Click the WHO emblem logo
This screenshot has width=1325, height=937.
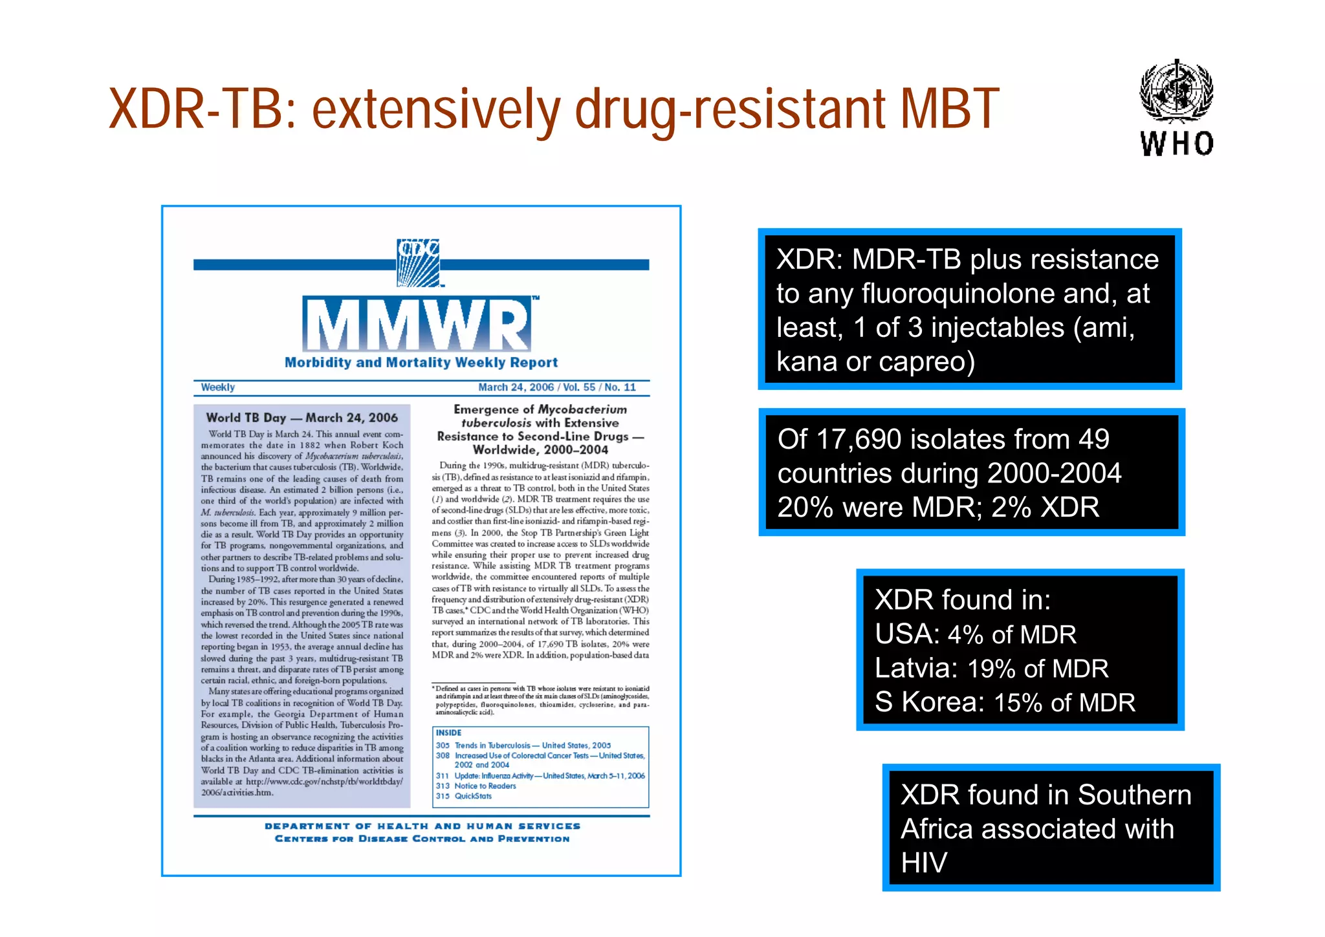coord(1176,90)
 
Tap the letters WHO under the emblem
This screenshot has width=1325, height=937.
coord(1177,144)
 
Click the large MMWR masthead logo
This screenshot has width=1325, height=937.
coord(417,325)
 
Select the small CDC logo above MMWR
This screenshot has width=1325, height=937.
coord(418,262)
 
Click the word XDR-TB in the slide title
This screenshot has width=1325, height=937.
coord(196,109)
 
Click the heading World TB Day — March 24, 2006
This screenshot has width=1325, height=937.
coord(301,418)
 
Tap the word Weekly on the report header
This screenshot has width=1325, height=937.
coord(217,387)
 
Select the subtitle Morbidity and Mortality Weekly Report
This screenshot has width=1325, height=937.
coord(421,363)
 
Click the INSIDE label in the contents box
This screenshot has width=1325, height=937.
coord(448,733)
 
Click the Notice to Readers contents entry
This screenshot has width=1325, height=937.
coord(485,786)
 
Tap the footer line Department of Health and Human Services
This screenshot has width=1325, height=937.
coord(422,826)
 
